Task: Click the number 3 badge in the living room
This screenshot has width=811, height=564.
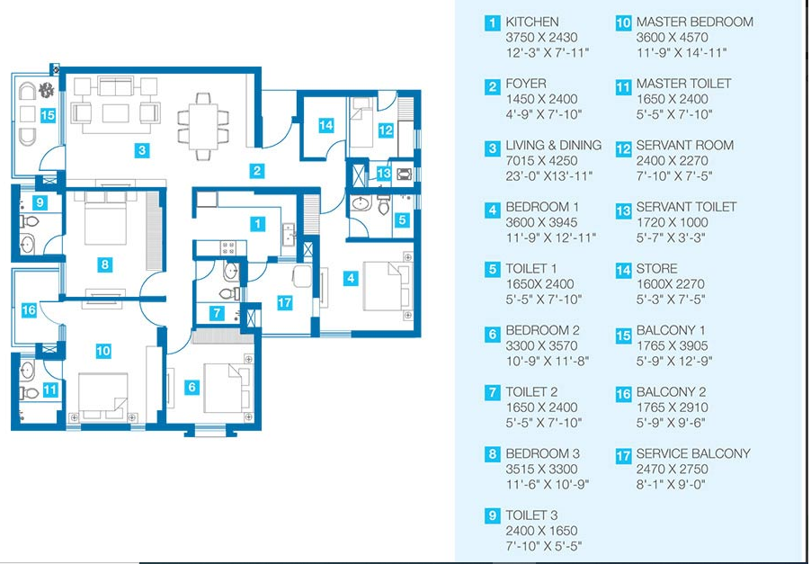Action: (x=142, y=150)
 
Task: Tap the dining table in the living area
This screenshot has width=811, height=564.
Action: (x=203, y=126)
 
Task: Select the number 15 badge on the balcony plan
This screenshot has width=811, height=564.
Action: (x=48, y=115)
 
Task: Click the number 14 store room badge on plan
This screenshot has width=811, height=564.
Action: (x=325, y=125)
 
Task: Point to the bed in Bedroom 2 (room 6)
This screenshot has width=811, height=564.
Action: (x=227, y=387)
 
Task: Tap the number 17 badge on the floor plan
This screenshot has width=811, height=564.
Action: (x=284, y=303)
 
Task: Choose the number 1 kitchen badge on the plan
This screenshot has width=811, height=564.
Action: (x=257, y=223)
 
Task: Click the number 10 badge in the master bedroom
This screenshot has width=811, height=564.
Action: (x=103, y=351)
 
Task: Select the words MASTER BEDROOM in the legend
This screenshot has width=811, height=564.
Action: (x=695, y=22)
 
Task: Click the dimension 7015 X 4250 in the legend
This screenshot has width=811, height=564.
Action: (x=541, y=160)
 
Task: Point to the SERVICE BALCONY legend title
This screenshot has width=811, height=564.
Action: (x=693, y=453)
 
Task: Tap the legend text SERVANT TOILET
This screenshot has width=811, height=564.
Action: (x=686, y=207)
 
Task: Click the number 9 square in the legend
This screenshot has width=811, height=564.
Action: (x=493, y=516)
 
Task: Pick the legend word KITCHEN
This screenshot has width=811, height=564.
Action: (x=532, y=22)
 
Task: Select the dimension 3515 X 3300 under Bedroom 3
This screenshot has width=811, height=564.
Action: (x=541, y=469)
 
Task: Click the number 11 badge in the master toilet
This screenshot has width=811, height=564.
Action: (x=50, y=389)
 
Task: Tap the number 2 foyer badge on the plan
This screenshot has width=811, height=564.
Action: (x=256, y=171)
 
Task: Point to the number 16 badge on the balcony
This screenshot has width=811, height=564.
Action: (x=29, y=310)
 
